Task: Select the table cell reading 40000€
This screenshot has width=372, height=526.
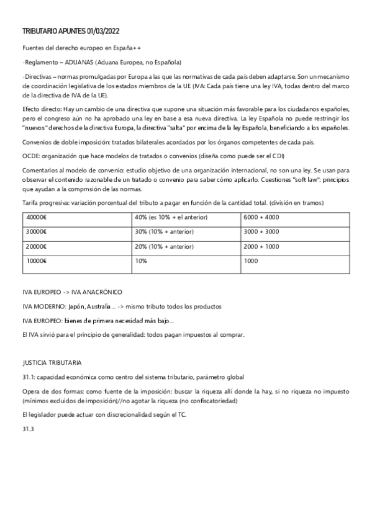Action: [37, 216]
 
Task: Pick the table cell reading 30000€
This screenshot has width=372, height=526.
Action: [37, 231]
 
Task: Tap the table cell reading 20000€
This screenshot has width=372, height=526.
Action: [37, 246]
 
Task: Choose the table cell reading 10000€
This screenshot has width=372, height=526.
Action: [37, 261]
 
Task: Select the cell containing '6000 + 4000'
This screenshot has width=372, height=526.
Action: [261, 216]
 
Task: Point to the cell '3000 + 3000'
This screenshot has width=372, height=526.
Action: [261, 231]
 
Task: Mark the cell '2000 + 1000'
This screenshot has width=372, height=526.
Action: [261, 246]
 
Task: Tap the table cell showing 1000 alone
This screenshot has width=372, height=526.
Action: [251, 261]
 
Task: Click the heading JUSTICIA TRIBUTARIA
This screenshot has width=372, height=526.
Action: [52, 362]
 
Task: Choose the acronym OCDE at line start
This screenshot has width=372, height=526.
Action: [30, 156]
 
